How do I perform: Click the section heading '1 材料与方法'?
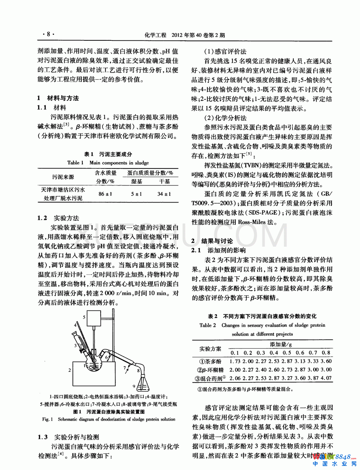[x=58, y=98]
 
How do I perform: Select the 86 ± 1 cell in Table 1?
[x=105, y=194]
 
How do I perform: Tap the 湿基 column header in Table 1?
[x=137, y=182]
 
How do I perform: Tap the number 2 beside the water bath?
[x=69, y=370]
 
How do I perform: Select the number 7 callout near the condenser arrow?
[x=124, y=368]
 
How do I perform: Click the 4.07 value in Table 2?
[x=326, y=378]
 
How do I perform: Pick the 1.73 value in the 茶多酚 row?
[x=235, y=361]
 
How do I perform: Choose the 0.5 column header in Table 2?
[x=287, y=353]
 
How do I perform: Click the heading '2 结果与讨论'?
[x=212, y=241]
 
